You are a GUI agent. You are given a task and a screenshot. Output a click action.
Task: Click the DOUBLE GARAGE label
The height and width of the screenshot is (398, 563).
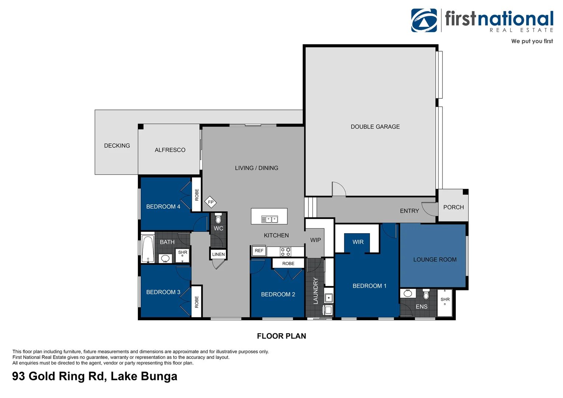(375, 127)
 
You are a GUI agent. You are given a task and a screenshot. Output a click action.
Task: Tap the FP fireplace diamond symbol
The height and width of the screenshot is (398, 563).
(210, 202)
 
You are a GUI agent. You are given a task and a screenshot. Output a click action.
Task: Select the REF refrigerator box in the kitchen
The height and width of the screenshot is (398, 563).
(259, 251)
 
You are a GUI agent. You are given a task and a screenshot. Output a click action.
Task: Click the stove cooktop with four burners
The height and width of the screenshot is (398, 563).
(286, 252)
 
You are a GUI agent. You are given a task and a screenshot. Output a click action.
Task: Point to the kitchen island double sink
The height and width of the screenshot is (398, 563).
(269, 219)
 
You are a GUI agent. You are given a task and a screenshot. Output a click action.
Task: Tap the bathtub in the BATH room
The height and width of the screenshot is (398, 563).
(148, 249)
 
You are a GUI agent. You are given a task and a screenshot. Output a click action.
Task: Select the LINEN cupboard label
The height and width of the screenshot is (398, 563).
(218, 254)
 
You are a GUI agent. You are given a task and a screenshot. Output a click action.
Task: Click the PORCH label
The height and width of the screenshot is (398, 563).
(453, 207)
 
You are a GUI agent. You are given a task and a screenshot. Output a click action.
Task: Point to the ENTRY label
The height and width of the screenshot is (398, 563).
(409, 211)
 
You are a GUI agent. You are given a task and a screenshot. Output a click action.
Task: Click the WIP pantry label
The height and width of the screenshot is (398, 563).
(315, 240)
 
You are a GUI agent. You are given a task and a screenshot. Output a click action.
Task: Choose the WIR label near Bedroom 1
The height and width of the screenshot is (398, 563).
(358, 242)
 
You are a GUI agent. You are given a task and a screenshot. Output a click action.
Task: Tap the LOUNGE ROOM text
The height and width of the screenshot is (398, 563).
(435, 259)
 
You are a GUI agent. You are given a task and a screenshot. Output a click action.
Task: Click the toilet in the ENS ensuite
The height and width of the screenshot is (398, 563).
(426, 294)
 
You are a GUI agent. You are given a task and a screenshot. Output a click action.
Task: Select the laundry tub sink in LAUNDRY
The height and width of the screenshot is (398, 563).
(328, 298)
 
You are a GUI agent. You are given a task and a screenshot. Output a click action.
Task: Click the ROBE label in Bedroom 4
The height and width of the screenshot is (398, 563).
(197, 195)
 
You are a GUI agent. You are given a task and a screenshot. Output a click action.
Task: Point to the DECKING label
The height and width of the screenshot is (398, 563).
(117, 146)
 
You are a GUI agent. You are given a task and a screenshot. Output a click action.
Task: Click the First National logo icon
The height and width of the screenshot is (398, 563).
(424, 21)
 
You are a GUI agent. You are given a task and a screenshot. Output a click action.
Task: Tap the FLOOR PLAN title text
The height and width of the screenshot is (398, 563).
(281, 336)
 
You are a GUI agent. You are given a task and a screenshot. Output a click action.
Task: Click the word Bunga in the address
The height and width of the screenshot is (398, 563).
(159, 376)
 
